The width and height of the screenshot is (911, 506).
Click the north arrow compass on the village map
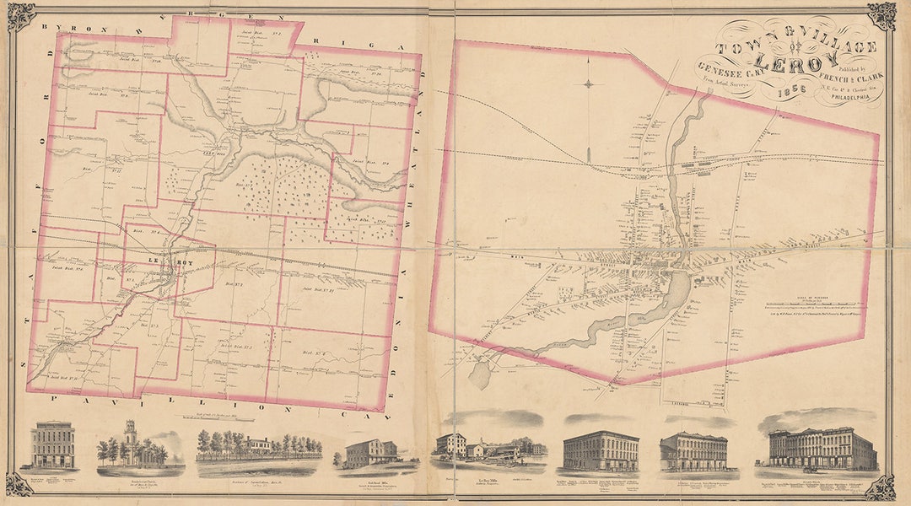[x=589, y=84]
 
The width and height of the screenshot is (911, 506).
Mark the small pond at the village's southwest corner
[x=479, y=373]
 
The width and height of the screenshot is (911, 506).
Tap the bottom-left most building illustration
[x=53, y=446]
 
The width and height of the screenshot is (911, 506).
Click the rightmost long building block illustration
[x=822, y=449]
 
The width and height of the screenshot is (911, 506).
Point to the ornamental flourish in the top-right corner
[x=881, y=14]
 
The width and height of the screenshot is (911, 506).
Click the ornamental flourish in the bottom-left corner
[x=19, y=484]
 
